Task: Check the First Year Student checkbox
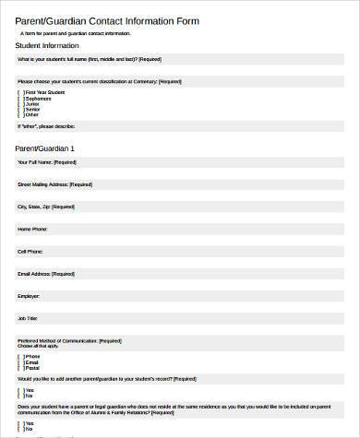click(20, 92)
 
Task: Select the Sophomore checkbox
click(20, 97)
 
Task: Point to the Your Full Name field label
click(46, 161)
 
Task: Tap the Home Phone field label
click(32, 229)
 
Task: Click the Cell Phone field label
click(30, 251)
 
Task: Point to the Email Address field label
click(46, 273)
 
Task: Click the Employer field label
click(29, 295)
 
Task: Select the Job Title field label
click(29, 318)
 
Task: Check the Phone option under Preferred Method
click(20, 355)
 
